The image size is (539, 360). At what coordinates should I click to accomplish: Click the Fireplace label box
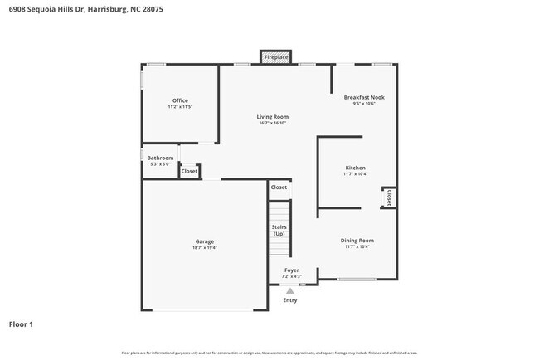tap(276, 57)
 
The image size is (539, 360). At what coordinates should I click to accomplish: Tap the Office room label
tap(180, 101)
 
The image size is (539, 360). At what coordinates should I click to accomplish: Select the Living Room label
tap(272, 117)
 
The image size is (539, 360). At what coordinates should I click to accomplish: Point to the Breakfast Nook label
tap(364, 97)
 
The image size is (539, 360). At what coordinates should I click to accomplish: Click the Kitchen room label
tap(355, 168)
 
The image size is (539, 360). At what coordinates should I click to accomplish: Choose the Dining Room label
tap(357, 241)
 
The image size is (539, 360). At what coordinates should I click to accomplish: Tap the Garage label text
tap(205, 241)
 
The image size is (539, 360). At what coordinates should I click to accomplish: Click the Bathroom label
tap(160, 158)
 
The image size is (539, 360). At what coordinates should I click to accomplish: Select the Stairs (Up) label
tap(279, 230)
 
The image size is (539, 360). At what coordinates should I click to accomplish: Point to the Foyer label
tap(292, 270)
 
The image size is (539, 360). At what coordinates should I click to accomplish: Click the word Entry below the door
tap(289, 299)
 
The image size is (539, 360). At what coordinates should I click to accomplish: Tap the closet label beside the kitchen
tap(389, 197)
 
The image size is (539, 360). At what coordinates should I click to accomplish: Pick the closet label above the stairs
tap(279, 187)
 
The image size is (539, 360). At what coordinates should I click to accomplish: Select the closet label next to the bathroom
tap(189, 171)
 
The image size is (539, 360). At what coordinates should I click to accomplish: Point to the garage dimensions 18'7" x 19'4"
tap(205, 248)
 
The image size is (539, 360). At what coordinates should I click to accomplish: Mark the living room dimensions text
tap(272, 124)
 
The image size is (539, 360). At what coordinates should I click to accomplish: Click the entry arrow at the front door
tap(289, 290)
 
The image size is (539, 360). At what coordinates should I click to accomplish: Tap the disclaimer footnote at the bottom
tap(269, 353)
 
